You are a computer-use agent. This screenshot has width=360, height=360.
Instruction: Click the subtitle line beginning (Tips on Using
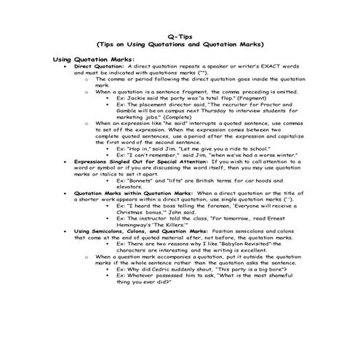pos(180,44)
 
